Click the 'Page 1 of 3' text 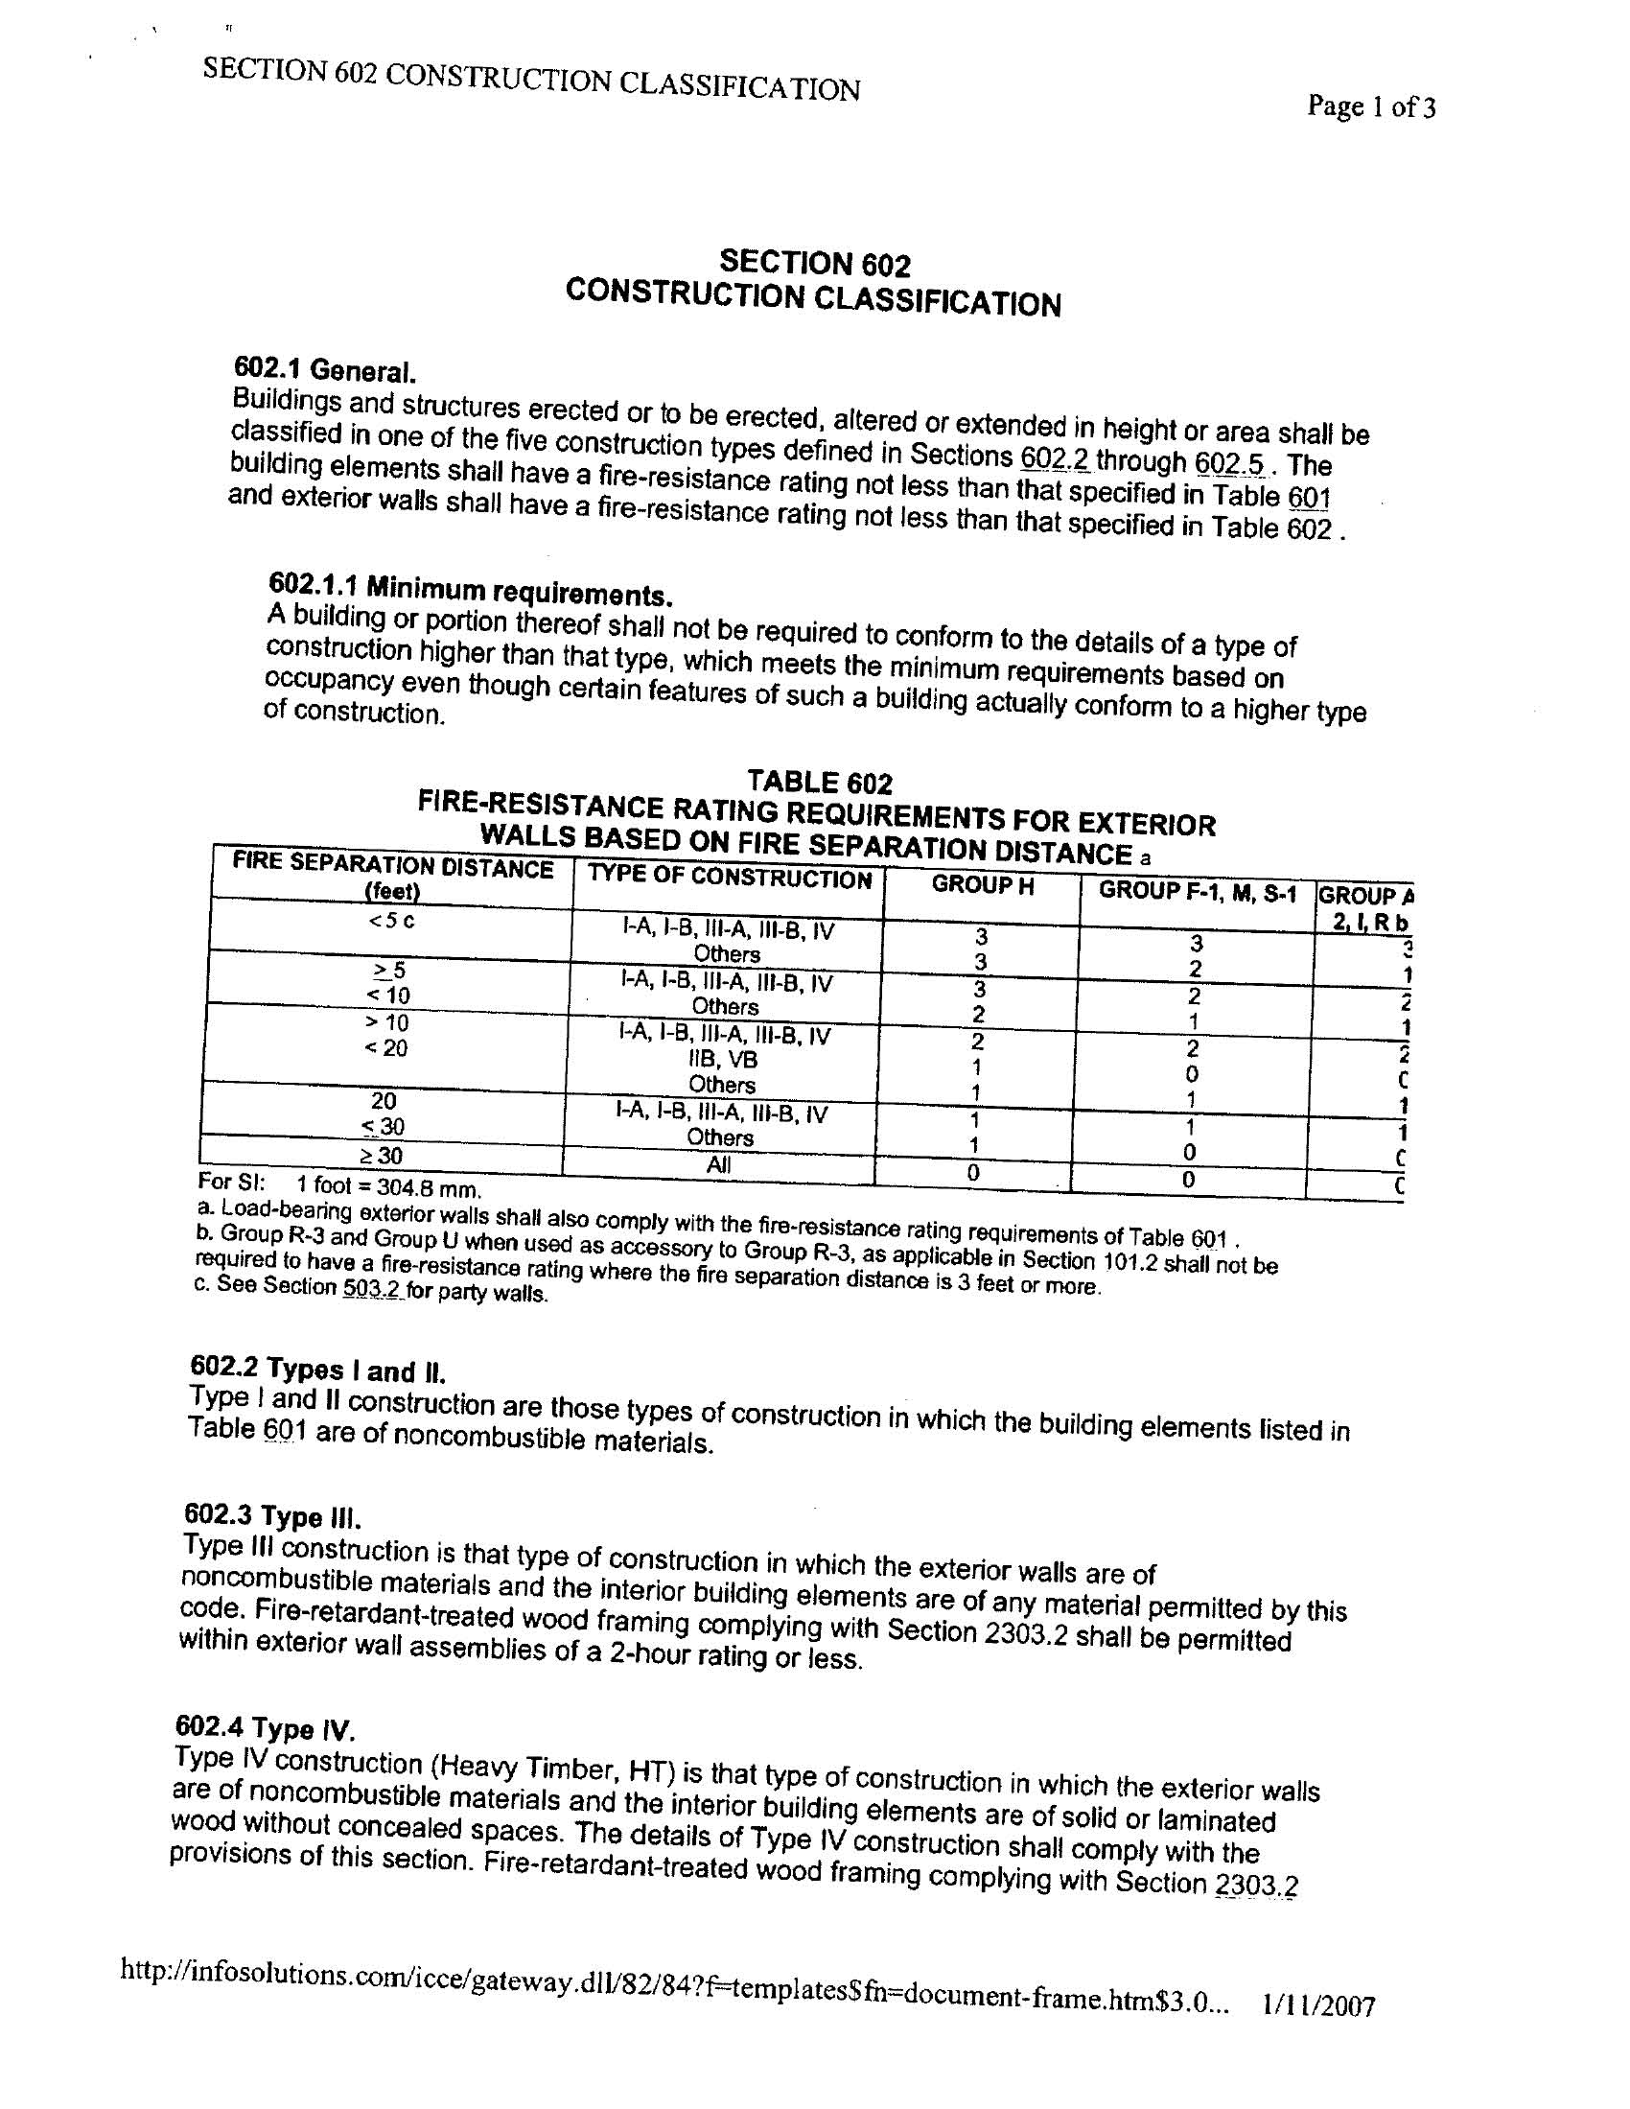coord(1370,106)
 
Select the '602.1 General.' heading coord(324,370)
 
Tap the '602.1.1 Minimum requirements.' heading coord(469,587)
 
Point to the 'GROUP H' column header coord(982,885)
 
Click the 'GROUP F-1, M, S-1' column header coord(1198,891)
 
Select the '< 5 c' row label coord(391,921)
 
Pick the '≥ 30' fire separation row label coord(384,1155)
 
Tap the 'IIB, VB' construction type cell coord(723,1060)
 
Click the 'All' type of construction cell coord(718,1164)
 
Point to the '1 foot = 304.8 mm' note coord(388,1185)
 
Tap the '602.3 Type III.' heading coord(272,1516)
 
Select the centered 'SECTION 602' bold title coord(814,263)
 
